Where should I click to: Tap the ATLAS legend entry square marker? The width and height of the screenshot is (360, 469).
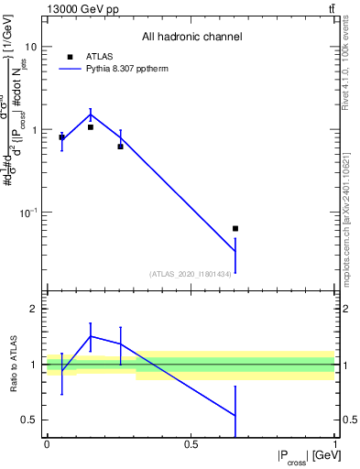(70, 57)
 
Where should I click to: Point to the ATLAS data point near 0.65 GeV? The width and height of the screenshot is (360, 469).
(235, 228)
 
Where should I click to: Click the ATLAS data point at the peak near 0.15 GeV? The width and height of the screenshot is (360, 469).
(91, 127)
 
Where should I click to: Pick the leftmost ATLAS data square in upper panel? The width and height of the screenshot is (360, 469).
(61, 137)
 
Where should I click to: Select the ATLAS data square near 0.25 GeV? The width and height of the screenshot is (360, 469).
(120, 147)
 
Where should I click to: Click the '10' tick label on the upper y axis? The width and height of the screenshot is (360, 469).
(30, 47)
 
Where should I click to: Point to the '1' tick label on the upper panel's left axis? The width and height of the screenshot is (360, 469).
(34, 130)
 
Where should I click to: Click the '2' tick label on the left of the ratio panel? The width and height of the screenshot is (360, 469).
(34, 310)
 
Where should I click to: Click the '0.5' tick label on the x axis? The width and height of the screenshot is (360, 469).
(191, 444)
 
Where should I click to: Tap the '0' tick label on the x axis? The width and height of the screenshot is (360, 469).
(47, 444)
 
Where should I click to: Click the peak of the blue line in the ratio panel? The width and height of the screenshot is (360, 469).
(91, 336)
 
